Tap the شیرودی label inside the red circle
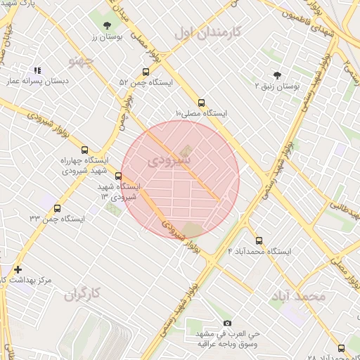pos(169,161)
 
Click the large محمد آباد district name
pos(297,296)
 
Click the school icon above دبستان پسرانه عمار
pos(37,70)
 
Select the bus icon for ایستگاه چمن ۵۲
pos(146,72)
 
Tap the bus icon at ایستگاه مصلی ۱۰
pos(202,102)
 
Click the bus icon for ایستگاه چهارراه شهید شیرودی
pos(85,150)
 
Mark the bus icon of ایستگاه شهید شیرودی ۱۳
pos(117,176)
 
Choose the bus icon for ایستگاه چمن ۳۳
pos(57,208)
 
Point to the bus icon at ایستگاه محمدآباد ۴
pos(259,240)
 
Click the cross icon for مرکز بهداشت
pos(18,269)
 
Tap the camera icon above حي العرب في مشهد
pos(226,323)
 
